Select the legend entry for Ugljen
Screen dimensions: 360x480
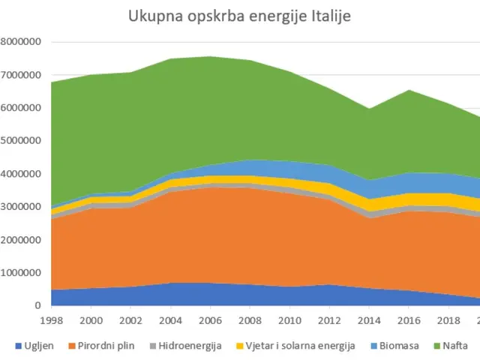click(37, 346)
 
